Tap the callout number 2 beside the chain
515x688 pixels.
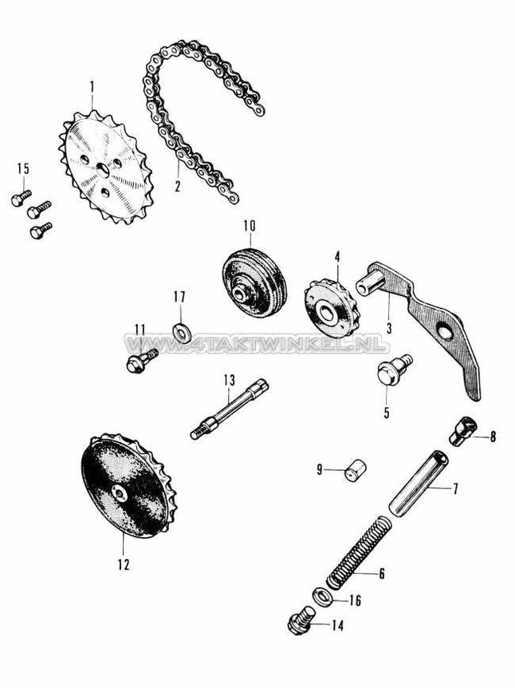tap(177, 188)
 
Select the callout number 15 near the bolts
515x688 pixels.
tap(22, 168)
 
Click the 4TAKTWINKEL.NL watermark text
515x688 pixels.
tap(255, 345)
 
